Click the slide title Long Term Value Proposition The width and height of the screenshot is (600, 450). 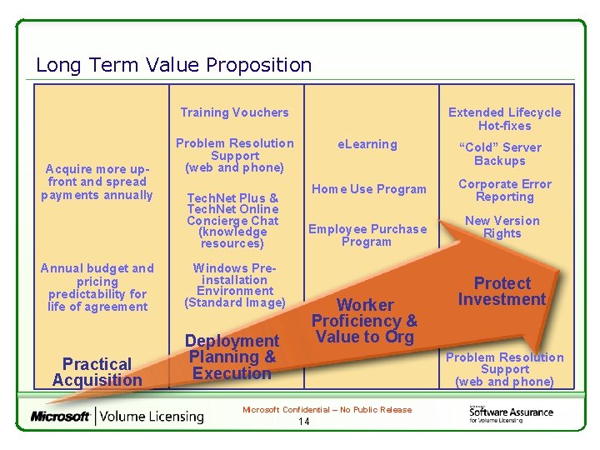(x=173, y=65)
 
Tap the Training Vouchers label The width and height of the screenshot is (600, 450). (x=234, y=112)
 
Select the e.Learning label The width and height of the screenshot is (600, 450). (x=367, y=144)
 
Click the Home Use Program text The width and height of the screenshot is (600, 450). (x=367, y=189)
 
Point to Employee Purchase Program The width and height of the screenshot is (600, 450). (x=367, y=235)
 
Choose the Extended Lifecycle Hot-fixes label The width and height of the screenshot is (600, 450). (x=504, y=118)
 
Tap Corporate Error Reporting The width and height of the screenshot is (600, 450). (x=504, y=190)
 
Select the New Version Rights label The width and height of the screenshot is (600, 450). (x=502, y=227)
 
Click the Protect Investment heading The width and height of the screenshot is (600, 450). (x=502, y=292)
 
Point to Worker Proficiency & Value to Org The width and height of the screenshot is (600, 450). (x=364, y=321)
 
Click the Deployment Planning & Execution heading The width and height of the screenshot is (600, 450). (x=232, y=357)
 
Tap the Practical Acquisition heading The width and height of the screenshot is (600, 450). (x=97, y=372)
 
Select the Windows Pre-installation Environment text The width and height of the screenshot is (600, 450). (x=234, y=285)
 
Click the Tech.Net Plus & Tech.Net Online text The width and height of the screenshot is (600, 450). (x=232, y=203)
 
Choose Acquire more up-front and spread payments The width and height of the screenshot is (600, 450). (x=97, y=182)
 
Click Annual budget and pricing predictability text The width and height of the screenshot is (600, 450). (x=97, y=287)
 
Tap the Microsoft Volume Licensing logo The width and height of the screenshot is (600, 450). (x=117, y=416)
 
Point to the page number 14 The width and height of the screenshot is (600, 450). (x=303, y=422)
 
